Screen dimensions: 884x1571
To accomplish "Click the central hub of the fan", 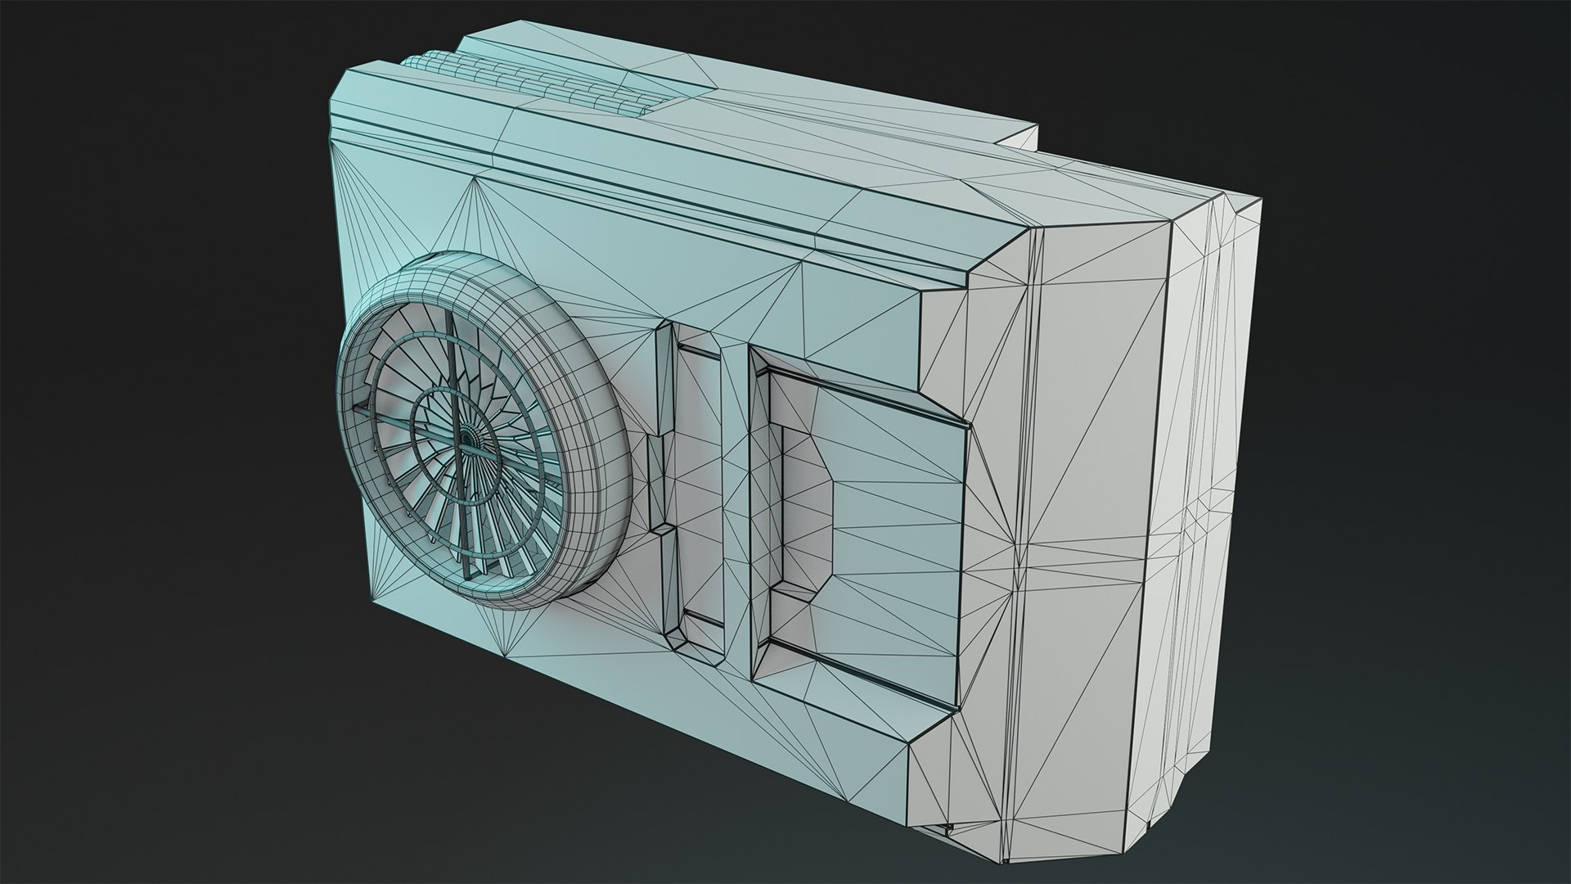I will tap(468, 440).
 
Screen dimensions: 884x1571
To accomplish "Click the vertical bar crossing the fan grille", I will tap(452, 385).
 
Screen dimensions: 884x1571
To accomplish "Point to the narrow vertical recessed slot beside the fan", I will tap(700, 483).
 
